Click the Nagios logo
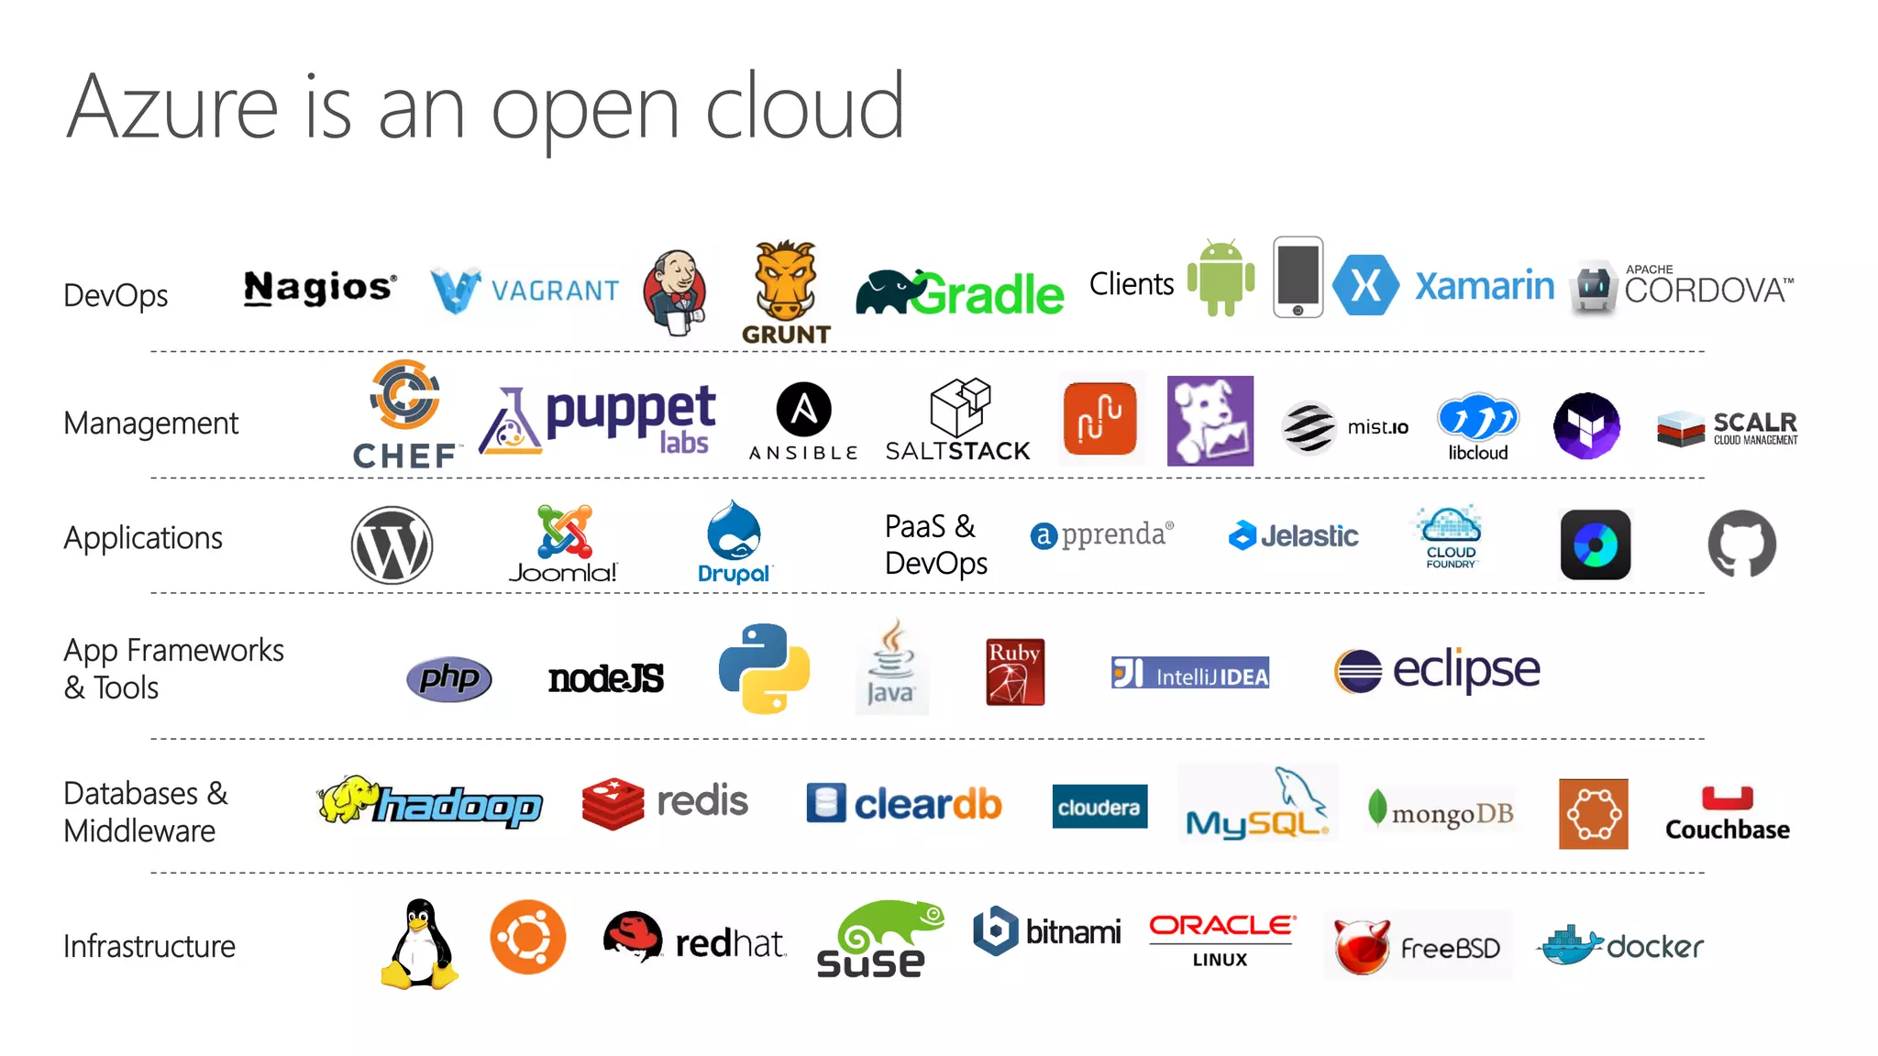(x=320, y=288)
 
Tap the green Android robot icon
(x=1221, y=278)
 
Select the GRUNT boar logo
(x=785, y=291)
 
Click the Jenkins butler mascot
(x=675, y=291)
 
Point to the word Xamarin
(x=1484, y=286)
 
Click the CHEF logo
(x=405, y=414)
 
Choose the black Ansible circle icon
(x=803, y=409)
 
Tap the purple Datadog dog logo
(x=1210, y=421)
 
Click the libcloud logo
(x=1477, y=426)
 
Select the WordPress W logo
(x=392, y=545)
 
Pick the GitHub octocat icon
(x=1741, y=544)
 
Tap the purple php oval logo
(x=449, y=679)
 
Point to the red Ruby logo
(x=1014, y=672)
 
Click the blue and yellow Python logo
(x=764, y=668)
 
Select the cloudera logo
(x=1099, y=807)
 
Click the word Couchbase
(x=1727, y=830)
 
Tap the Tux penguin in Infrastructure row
(x=419, y=944)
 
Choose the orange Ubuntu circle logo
(x=527, y=938)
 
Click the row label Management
(x=151, y=423)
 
